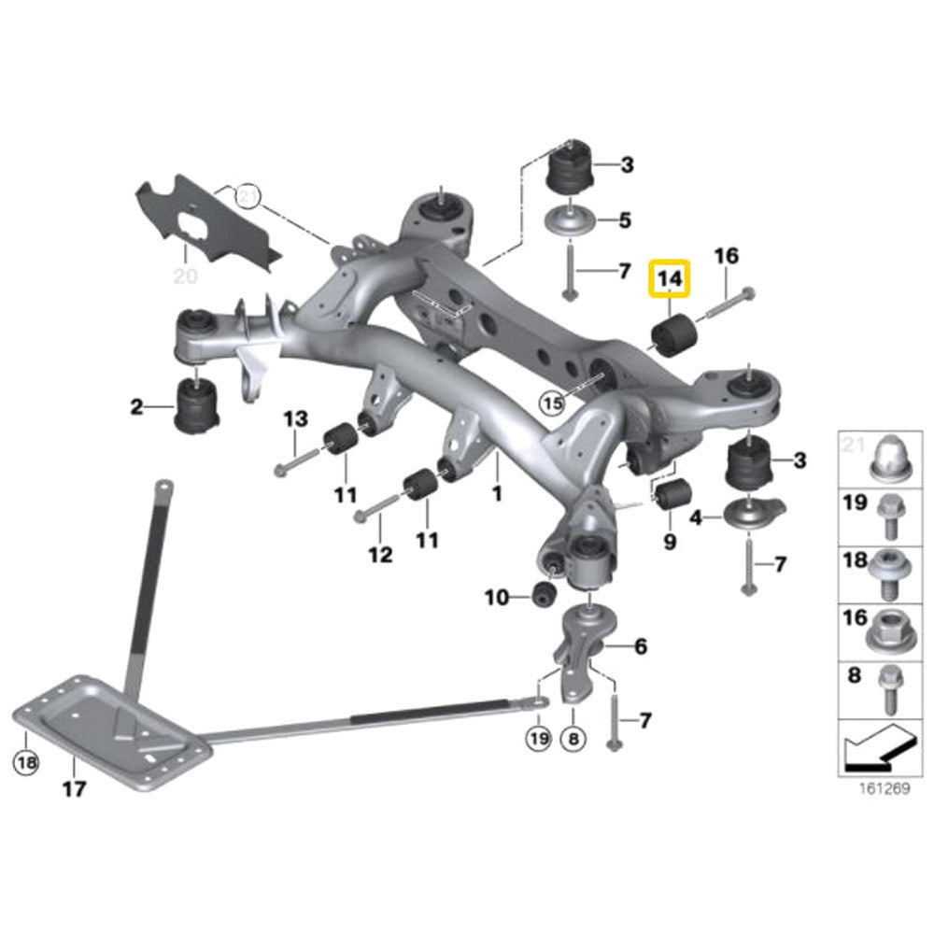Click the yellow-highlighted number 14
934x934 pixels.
tap(670, 277)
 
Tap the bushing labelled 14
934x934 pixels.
tap(671, 335)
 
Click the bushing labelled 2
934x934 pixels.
tap(197, 408)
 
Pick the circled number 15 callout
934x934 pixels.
tap(552, 403)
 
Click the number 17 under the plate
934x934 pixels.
tap(74, 789)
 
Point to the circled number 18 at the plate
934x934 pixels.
tap(26, 763)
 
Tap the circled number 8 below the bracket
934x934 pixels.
tap(573, 739)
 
